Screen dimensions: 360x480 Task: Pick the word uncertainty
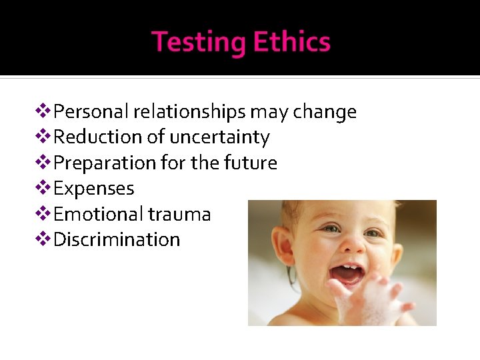[x=219, y=137]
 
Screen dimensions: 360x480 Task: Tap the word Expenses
[x=93, y=189]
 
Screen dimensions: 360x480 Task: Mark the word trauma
[x=179, y=214]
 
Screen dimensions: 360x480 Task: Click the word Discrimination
[x=117, y=239]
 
